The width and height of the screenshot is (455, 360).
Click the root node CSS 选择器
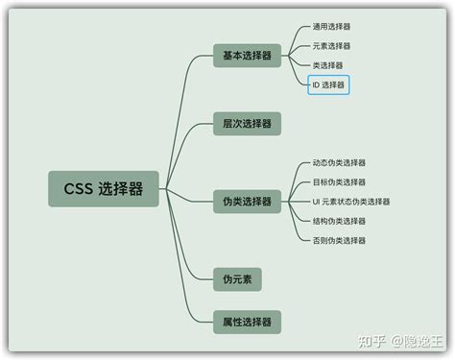104,189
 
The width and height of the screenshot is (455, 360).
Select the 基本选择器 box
247,56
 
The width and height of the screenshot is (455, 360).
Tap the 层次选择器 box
247,123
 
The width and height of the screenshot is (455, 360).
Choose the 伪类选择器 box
247,201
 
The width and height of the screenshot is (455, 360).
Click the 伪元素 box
237,278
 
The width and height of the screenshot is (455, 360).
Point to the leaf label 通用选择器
331,27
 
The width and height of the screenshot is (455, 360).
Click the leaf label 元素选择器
331,46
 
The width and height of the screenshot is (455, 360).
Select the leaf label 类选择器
327,65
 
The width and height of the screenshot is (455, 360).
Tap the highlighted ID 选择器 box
328,85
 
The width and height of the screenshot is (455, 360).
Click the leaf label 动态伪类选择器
339,163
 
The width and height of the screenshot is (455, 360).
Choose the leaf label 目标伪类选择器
339,182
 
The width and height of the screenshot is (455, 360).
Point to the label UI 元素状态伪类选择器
351,202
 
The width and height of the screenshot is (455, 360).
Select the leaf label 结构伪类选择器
339,221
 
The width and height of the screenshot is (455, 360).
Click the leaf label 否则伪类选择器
339,240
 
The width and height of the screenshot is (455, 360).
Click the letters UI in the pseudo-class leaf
317,202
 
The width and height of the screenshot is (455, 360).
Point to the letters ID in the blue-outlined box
316,85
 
